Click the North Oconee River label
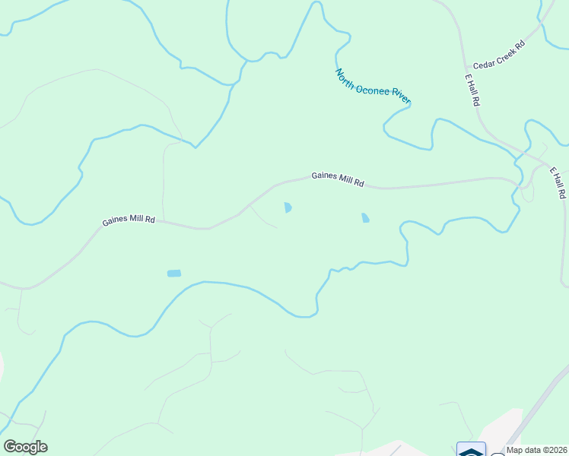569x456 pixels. [373, 86]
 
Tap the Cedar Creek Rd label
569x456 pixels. [499, 55]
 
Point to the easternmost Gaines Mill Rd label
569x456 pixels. [338, 180]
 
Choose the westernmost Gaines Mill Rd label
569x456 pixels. [129, 221]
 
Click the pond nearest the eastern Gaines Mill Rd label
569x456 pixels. [288, 207]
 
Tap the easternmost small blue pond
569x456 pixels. [366, 218]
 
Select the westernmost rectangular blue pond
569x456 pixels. [174, 273]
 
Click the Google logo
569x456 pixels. [25, 447]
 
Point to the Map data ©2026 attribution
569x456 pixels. [537, 450]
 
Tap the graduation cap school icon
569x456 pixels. [471, 450]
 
